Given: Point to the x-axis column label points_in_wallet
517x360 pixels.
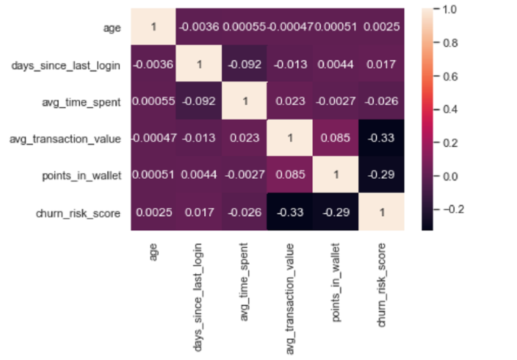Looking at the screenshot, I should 336,276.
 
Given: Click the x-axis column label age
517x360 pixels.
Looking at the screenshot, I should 154,251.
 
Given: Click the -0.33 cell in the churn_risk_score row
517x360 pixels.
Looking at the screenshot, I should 290,213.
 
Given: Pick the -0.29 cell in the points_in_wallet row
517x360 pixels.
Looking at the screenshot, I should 381,176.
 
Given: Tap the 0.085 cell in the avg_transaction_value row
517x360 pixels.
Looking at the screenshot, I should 336,139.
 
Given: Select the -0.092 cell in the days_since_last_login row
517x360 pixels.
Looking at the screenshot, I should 245,65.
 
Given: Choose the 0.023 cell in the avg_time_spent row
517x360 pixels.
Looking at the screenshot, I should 290,102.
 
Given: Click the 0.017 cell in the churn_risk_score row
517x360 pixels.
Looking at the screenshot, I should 199,213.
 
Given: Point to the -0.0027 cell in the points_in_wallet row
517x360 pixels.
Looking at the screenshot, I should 245,176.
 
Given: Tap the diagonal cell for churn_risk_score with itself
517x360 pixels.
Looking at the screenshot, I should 381,213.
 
